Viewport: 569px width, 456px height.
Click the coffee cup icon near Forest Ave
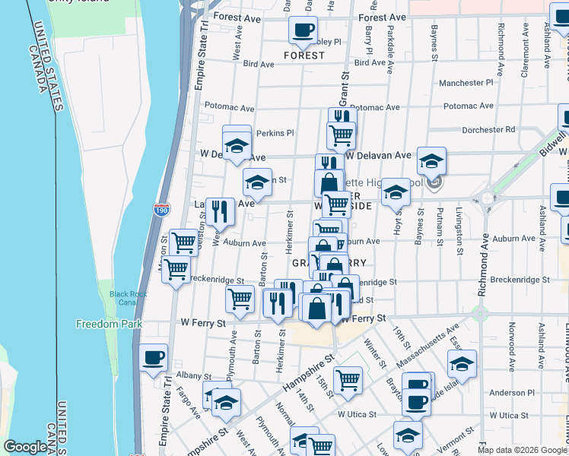(303, 30)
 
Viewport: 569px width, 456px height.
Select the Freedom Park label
(109, 325)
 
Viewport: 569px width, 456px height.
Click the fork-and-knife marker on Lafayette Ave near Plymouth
(220, 211)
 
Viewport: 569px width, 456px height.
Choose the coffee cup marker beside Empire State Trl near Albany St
(154, 356)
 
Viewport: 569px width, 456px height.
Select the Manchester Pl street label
(466, 82)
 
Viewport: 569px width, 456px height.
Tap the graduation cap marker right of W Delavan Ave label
(431, 160)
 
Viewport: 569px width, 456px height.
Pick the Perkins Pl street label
(275, 133)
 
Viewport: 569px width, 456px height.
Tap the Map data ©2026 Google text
(521, 450)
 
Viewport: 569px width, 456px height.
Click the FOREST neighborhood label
(304, 55)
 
